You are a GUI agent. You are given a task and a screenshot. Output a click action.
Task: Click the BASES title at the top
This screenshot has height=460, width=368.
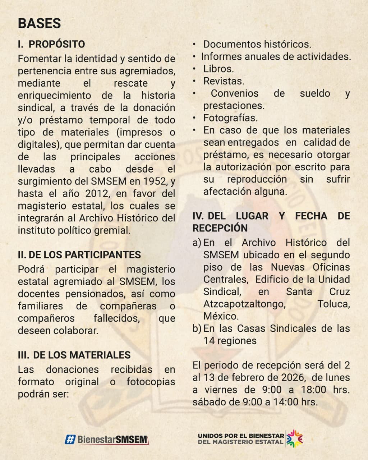tap(39, 23)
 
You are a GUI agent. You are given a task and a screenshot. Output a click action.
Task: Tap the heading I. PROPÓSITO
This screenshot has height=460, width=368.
tap(51, 44)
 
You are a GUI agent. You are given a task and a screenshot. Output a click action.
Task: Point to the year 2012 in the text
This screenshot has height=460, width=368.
tap(97, 194)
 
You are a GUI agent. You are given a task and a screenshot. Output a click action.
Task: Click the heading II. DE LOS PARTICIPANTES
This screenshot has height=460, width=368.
tap(79, 255)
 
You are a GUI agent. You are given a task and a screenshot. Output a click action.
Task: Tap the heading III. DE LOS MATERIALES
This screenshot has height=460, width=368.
tap(74, 355)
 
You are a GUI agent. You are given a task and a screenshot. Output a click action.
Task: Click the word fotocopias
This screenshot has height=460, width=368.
tap(151, 382)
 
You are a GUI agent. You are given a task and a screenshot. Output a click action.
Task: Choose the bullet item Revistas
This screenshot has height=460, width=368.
tap(224, 81)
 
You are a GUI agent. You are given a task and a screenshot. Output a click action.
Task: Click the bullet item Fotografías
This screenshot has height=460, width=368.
tap(230, 118)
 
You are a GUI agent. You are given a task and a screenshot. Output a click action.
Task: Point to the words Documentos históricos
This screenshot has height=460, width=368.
tap(257, 44)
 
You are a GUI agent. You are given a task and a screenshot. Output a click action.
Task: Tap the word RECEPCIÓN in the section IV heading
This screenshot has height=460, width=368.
tap(220, 228)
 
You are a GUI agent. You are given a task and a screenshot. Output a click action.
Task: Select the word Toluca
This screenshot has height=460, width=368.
tap(333, 304)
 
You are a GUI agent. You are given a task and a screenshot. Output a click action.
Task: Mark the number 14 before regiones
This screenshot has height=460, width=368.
tap(209, 341)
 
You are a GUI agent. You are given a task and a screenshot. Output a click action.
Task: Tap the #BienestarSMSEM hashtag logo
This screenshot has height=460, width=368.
tap(107, 439)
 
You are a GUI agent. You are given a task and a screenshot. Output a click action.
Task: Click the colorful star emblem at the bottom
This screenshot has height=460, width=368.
tap(295, 438)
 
